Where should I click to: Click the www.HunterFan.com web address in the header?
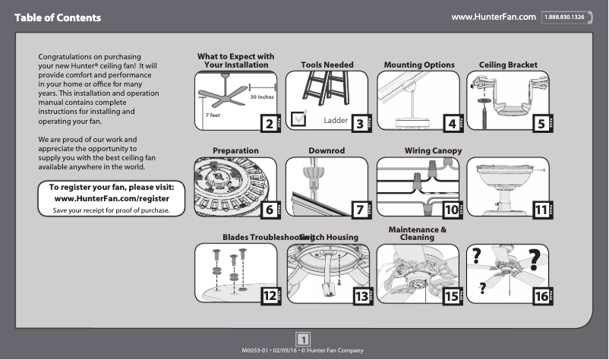click(x=494, y=17)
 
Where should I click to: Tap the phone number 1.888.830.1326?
click(x=563, y=17)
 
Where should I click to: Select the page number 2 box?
click(x=267, y=124)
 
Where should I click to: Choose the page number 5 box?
click(x=540, y=124)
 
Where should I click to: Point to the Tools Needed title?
click(x=327, y=65)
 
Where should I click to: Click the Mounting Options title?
click(x=419, y=65)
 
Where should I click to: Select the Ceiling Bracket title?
click(x=508, y=65)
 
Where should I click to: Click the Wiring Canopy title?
click(x=433, y=151)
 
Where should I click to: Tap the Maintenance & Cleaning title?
click(x=417, y=233)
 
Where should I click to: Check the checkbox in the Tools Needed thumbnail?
click(x=299, y=117)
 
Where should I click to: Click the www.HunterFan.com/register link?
click(x=112, y=198)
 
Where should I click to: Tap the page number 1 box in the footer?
click(x=303, y=339)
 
